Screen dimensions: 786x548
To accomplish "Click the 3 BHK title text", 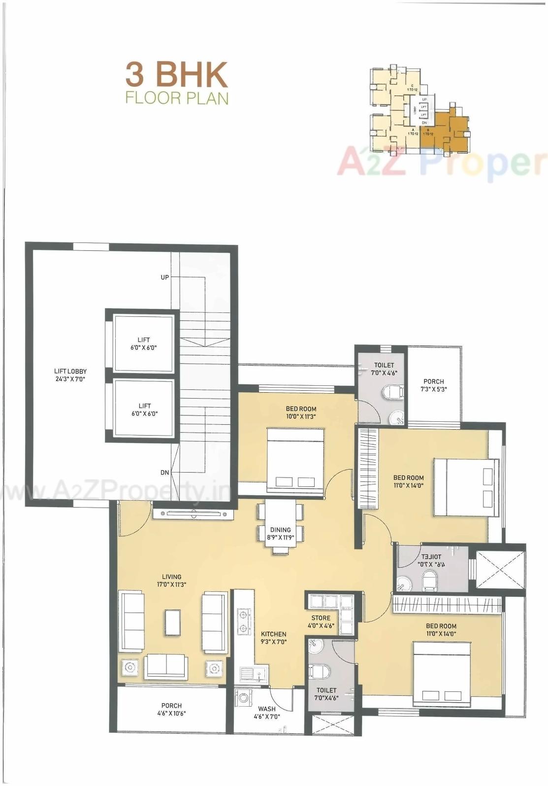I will (176, 74).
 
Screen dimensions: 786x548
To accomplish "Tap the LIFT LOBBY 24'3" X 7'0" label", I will (70, 375).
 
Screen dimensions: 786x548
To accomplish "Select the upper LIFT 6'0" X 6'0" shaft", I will (144, 343).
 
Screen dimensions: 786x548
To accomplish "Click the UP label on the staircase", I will (165, 277).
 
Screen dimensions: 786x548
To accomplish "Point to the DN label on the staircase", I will (165, 472).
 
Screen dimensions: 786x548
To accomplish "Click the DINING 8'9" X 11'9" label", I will (280, 534).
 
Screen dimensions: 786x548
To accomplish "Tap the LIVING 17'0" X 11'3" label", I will (171, 580).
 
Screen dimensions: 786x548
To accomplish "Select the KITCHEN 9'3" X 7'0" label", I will (273, 638).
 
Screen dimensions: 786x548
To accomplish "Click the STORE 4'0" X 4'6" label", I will (321, 621).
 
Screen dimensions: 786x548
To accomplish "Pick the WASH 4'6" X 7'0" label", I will (267, 713).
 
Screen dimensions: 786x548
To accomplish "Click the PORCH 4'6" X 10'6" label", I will (171, 709).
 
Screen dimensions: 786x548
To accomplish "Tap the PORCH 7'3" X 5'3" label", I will (433, 385).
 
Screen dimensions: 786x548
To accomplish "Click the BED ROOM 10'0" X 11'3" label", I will (301, 412).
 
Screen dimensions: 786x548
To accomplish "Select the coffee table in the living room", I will (172, 622).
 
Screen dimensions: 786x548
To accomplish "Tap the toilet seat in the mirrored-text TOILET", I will (429, 581).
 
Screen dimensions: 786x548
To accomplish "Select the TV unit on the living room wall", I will (193, 514).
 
